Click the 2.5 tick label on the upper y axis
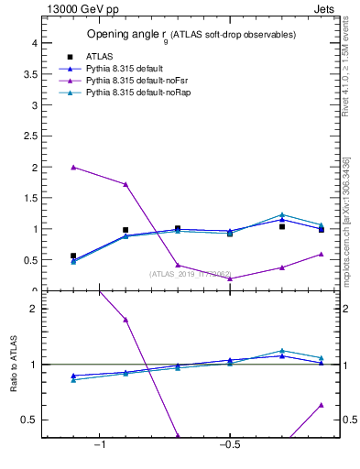(x=30, y=136)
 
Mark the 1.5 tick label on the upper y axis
(x=30, y=198)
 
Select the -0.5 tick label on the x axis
(x=229, y=445)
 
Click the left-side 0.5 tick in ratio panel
(x=30, y=420)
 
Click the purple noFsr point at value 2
(x=73, y=168)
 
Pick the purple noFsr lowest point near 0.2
(x=230, y=278)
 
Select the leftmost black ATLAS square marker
(x=73, y=256)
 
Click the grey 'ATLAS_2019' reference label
(x=190, y=274)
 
